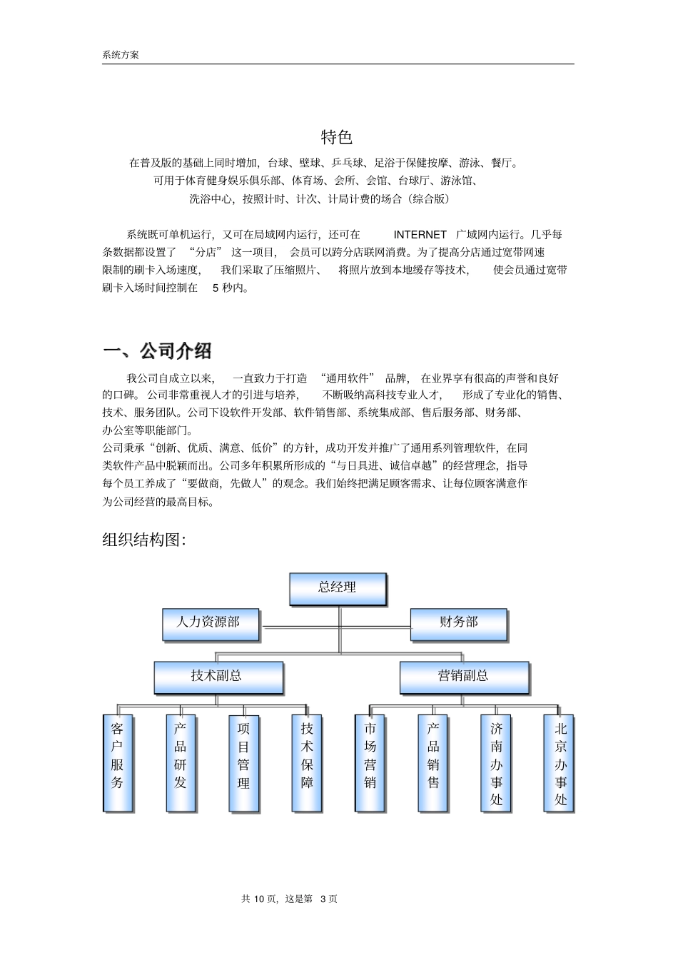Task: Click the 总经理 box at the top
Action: tap(338, 589)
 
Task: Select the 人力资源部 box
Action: tap(211, 623)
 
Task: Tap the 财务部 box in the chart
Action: tap(458, 623)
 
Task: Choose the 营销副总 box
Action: tap(464, 677)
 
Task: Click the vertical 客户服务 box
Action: tap(118, 762)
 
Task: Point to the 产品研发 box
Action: tap(181, 762)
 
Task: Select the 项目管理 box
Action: tap(243, 762)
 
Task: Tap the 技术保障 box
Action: tap(307, 762)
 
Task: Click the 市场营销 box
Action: tap(370, 762)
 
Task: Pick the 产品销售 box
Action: tap(433, 762)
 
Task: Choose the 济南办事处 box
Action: tap(496, 762)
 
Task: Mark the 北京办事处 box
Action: tap(560, 762)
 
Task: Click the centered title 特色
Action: tap(337, 137)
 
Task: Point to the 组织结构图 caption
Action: tap(144, 540)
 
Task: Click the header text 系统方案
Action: tap(121, 55)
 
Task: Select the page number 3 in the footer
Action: tap(323, 899)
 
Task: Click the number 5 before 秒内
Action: tap(216, 288)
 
